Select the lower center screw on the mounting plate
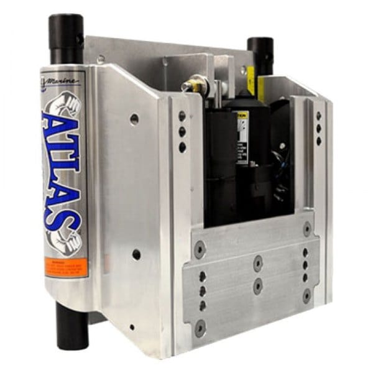coord(257,287)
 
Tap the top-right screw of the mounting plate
coord(307,229)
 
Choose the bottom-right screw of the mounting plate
coord(306,297)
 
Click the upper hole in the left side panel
coord(134,119)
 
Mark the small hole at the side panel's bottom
coord(132,327)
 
